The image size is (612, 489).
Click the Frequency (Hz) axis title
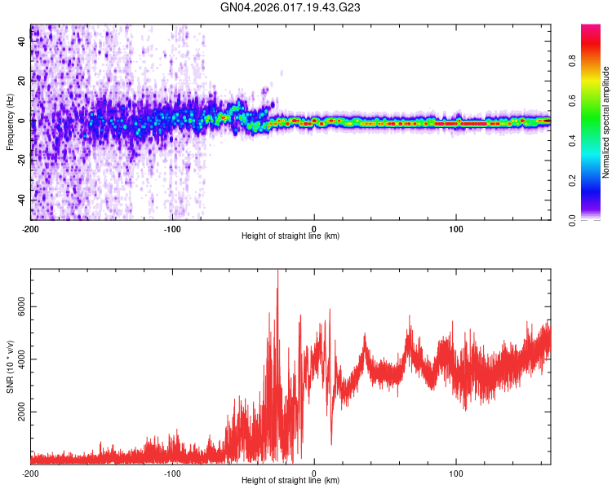10,121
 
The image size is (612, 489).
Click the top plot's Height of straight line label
290,236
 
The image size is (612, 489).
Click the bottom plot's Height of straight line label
290,480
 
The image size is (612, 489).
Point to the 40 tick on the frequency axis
22,42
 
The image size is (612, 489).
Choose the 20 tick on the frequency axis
22,81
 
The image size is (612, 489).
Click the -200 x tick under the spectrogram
31,227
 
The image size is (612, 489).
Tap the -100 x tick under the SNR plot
172,473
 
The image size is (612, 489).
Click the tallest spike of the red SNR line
277,271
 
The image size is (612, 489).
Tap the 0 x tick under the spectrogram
314,227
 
